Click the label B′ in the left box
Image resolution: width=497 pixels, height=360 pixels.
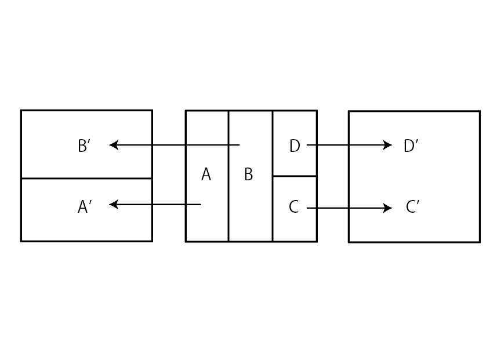(84, 146)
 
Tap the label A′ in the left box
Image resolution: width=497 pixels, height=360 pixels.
(85, 206)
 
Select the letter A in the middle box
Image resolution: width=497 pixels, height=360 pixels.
(206, 174)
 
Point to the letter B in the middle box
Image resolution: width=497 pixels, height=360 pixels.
(248, 174)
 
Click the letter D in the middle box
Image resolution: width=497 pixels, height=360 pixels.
(295, 146)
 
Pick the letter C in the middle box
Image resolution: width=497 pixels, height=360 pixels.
(294, 207)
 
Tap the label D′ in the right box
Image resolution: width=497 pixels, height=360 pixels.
(411, 146)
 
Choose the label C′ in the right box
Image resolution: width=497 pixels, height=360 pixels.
(412, 207)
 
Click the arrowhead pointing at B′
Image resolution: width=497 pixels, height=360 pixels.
(113, 145)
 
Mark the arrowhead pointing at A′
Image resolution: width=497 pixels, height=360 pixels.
(113, 204)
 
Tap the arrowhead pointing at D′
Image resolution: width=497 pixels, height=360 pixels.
(389, 145)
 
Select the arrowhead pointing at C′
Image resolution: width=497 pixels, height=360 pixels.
(389, 208)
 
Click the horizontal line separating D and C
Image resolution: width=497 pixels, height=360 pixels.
(295, 176)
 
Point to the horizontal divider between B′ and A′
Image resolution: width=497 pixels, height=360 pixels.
(86, 179)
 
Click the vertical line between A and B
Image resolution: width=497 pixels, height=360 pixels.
(228, 220)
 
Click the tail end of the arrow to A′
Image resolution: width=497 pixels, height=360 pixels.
(200, 204)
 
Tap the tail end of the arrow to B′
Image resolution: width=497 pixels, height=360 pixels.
(239, 145)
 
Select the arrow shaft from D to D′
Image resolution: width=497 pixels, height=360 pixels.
(348, 145)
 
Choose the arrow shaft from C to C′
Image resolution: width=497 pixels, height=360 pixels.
(348, 208)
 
